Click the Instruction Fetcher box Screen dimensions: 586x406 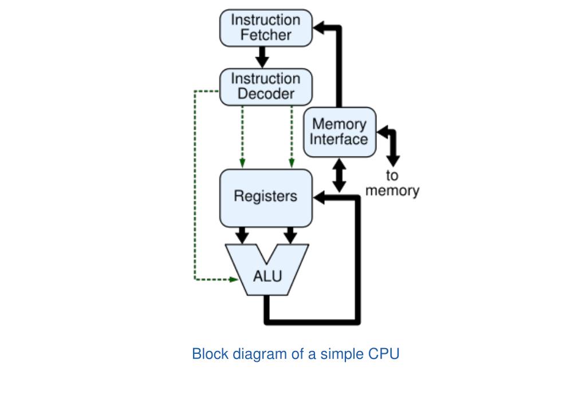[x=266, y=28]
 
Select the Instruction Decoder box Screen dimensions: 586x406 [x=266, y=87]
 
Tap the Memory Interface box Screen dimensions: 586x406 [x=339, y=132]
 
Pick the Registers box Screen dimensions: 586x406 [x=266, y=198]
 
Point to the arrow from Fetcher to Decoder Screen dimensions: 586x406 [x=262, y=57]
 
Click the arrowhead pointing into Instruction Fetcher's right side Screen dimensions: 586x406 [x=319, y=28]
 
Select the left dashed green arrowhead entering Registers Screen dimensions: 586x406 [x=242, y=163]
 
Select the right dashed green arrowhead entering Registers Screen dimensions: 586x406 [x=292, y=163]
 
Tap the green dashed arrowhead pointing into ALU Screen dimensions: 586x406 [x=233, y=279]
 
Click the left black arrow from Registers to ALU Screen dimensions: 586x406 [x=242, y=235]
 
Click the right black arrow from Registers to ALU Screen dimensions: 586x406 [x=290, y=235]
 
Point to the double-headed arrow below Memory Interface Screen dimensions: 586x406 [x=339, y=175]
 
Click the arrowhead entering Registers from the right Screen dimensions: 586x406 [x=319, y=197]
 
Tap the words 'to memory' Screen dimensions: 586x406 [x=392, y=183]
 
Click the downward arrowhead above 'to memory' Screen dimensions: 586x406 [x=393, y=161]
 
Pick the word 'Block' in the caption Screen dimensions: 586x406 [x=210, y=354]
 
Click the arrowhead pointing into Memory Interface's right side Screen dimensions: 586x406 [x=382, y=132]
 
